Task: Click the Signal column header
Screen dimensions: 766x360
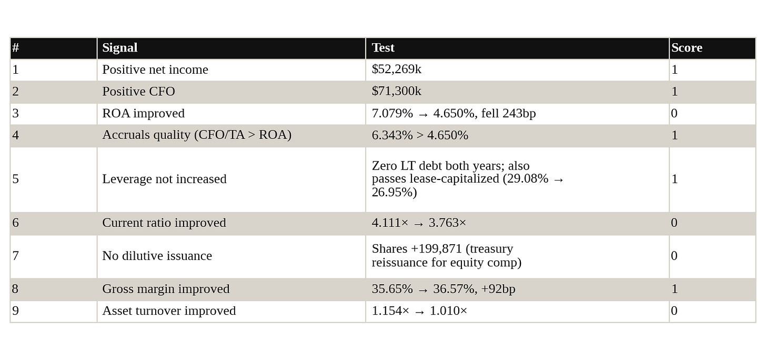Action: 120,47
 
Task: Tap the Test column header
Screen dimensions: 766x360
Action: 383,47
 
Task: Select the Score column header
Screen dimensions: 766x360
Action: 687,47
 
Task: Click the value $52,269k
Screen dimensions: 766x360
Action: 396,69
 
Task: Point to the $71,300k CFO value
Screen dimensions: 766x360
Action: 396,91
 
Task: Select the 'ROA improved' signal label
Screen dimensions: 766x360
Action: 143,113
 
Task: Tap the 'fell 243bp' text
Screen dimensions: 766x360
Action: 508,113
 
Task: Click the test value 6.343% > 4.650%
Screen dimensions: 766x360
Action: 420,135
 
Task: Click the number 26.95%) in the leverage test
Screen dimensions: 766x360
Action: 394,192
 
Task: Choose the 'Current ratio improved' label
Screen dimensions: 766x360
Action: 164,223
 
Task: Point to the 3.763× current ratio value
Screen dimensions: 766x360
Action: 447,223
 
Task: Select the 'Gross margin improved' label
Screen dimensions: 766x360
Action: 166,289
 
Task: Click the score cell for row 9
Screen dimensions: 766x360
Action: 712,311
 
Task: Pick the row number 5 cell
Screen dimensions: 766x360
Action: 54,179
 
